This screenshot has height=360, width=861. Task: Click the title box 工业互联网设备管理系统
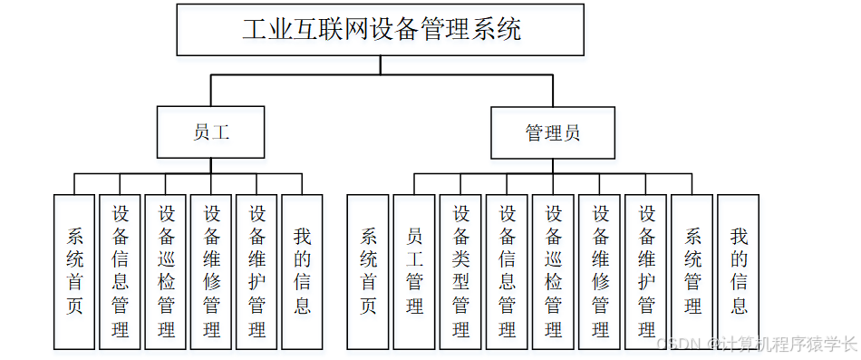coord(381,29)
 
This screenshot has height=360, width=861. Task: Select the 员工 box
coord(210,132)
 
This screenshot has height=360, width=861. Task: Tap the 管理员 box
coord(552,132)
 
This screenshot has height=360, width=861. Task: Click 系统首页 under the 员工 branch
coord(74,271)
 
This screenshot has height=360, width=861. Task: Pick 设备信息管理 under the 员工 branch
coord(121,271)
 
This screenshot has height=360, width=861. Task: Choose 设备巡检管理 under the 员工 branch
coord(166,271)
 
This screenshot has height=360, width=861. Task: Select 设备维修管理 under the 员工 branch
coord(212,271)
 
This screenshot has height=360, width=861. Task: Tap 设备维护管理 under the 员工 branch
coord(257,271)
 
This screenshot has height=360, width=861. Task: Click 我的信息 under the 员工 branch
coord(303,271)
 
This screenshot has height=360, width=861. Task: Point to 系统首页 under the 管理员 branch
coord(368,271)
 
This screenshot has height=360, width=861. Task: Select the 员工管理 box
coord(414,271)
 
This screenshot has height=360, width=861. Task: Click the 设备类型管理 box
coord(460,271)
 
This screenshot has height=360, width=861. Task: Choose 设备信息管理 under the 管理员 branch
coord(507,271)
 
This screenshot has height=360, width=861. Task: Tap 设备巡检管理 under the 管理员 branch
coord(554,271)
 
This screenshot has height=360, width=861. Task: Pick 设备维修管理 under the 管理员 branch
coord(600,271)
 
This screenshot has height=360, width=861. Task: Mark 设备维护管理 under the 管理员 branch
coord(646,271)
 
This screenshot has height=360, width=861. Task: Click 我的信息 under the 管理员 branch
coord(740,271)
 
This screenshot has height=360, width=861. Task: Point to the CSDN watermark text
coord(756,343)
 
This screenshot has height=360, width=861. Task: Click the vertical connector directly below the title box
coord(381,64)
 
